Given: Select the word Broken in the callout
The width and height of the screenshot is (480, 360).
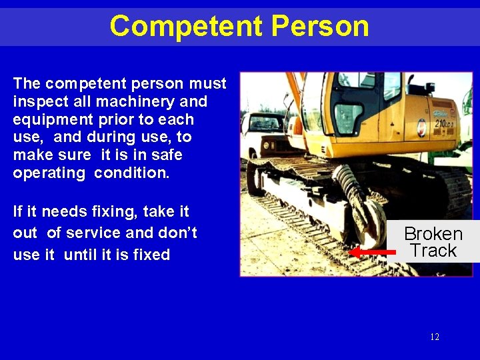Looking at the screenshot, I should pyautogui.click(x=433, y=234).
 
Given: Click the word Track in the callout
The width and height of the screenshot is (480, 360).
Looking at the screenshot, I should pyautogui.click(x=433, y=251).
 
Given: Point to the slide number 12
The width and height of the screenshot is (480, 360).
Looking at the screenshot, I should pyautogui.click(x=435, y=337).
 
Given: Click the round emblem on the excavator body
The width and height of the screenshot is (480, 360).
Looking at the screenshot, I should pyautogui.click(x=421, y=124).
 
